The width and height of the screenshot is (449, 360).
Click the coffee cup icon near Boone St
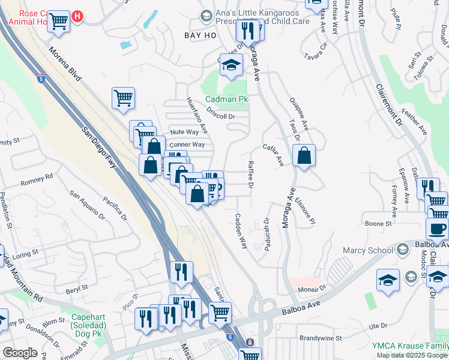tap(437, 228)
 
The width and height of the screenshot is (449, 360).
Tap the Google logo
tap(20, 353)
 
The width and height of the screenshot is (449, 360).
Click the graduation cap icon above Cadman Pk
tap(231, 65)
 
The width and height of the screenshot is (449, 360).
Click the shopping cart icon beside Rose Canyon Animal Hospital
tap(58, 21)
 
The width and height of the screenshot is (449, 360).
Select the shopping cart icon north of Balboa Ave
tap(220, 312)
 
